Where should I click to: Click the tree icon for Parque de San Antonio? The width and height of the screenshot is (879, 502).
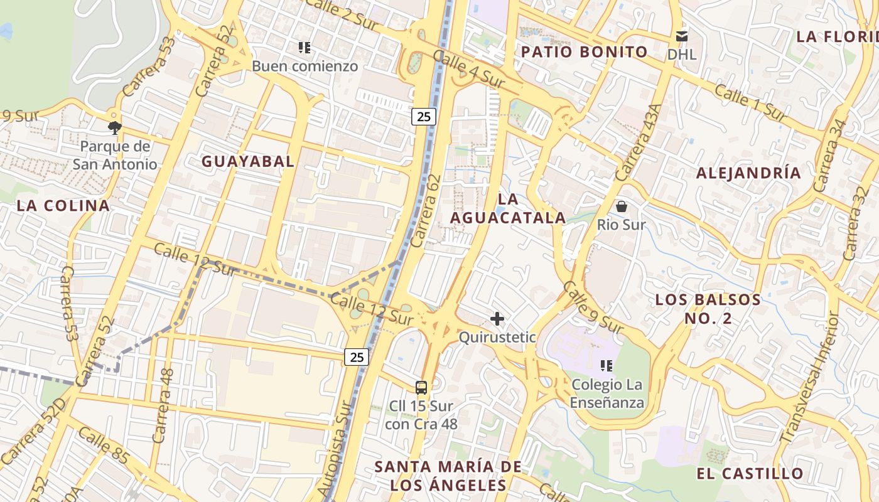[x=114, y=128]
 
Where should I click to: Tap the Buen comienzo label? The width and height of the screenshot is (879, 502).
[x=305, y=66]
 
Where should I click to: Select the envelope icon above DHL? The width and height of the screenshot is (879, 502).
[x=682, y=36]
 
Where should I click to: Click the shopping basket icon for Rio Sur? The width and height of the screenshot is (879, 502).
[x=622, y=206]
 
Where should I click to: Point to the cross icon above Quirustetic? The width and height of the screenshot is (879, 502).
[x=497, y=319]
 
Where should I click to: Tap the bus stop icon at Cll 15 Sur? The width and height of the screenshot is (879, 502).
[x=421, y=388]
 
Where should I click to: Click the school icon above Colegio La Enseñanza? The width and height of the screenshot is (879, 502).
[x=607, y=365]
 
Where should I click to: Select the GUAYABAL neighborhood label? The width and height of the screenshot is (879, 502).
[x=247, y=161]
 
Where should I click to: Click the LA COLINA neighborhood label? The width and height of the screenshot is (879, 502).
[x=63, y=205]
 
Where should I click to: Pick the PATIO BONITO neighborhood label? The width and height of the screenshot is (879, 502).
[x=585, y=51]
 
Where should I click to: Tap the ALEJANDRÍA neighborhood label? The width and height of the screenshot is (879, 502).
[x=748, y=173]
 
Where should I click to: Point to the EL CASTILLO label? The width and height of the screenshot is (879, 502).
[x=750, y=473]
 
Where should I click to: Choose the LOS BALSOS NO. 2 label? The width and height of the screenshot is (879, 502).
[x=708, y=309]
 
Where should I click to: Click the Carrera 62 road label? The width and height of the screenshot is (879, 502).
[x=426, y=211]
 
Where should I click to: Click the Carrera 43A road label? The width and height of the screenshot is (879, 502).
[x=639, y=142]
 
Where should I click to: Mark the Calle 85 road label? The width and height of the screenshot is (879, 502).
[x=104, y=446]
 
